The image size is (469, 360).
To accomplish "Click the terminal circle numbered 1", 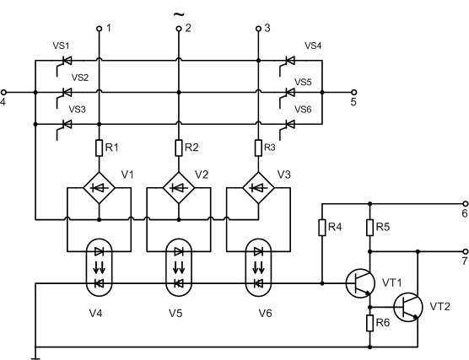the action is point(99,29).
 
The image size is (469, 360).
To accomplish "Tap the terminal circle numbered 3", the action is point(258,29).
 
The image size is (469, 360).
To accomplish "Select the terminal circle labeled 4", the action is point(3,93).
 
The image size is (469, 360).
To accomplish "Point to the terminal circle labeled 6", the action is point(466,204).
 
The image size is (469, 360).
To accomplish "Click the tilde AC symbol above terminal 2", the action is point(179,14).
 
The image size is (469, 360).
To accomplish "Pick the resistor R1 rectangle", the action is point(99,148).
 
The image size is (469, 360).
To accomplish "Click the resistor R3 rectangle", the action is point(258,148).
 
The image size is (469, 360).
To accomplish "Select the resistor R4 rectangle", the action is point(322,228).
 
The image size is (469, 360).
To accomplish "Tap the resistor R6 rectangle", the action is point(370,323).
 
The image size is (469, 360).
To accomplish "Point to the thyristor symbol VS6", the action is point(287,128).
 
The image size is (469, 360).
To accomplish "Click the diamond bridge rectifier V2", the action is point(179,188).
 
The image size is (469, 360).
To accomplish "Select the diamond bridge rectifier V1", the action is point(99,188).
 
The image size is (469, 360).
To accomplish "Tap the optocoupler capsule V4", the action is point(99,267).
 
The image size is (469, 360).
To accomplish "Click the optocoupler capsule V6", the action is point(258,267).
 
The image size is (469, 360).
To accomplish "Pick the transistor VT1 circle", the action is point(360,283).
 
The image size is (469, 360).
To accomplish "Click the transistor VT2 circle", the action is point(408,308).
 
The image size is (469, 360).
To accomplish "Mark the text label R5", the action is point(383,227).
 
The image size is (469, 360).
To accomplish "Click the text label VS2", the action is point(80,78).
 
